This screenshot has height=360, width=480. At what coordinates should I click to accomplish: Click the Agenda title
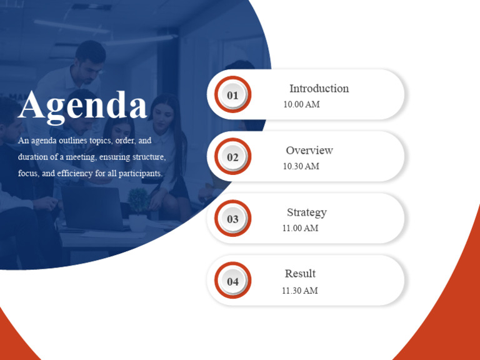coord(82,105)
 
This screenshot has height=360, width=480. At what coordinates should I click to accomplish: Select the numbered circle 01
coord(232,95)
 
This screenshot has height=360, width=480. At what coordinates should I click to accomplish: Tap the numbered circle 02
coord(232,157)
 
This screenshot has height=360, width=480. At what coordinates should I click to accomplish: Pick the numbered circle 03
coord(232,219)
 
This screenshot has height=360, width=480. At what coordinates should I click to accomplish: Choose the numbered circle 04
coord(232,281)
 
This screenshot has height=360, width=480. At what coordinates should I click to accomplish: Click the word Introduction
coord(319,89)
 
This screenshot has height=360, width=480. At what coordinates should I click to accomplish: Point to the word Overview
coord(309,151)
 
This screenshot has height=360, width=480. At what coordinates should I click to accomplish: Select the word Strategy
coord(306,212)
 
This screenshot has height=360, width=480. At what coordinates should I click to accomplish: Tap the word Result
coord(300,274)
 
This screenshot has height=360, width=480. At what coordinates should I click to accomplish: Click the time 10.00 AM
coord(301,104)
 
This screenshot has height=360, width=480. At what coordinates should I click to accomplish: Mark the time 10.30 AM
coord(301,166)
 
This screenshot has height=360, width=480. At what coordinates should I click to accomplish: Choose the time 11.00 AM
coord(300,228)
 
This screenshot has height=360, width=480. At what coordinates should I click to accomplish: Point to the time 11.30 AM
coord(299,291)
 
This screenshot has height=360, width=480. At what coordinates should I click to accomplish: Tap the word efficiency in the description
coord(74,173)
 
